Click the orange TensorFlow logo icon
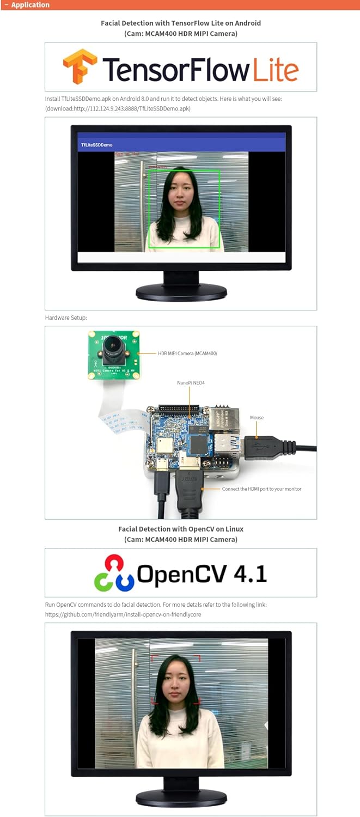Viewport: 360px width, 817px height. coord(80,66)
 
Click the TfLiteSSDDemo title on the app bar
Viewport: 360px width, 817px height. coord(97,145)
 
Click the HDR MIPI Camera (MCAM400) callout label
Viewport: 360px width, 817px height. coord(187,353)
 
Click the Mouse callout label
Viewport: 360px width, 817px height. coord(257,418)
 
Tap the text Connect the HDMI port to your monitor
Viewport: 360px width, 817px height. coord(261,489)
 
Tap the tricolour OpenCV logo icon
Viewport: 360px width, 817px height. coord(113,573)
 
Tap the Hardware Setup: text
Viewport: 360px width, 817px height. coord(66,317)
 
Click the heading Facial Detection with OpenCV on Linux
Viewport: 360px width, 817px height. coord(180,529)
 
